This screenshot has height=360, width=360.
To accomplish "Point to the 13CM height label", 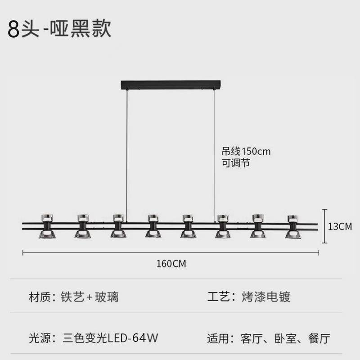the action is [x=339, y=226].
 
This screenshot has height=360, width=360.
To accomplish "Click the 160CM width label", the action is [x=171, y=264].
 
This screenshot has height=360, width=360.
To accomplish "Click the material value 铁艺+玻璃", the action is [x=90, y=297].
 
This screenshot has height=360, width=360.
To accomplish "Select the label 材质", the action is [x=40, y=297].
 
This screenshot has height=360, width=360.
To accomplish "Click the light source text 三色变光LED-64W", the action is [x=110, y=338].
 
